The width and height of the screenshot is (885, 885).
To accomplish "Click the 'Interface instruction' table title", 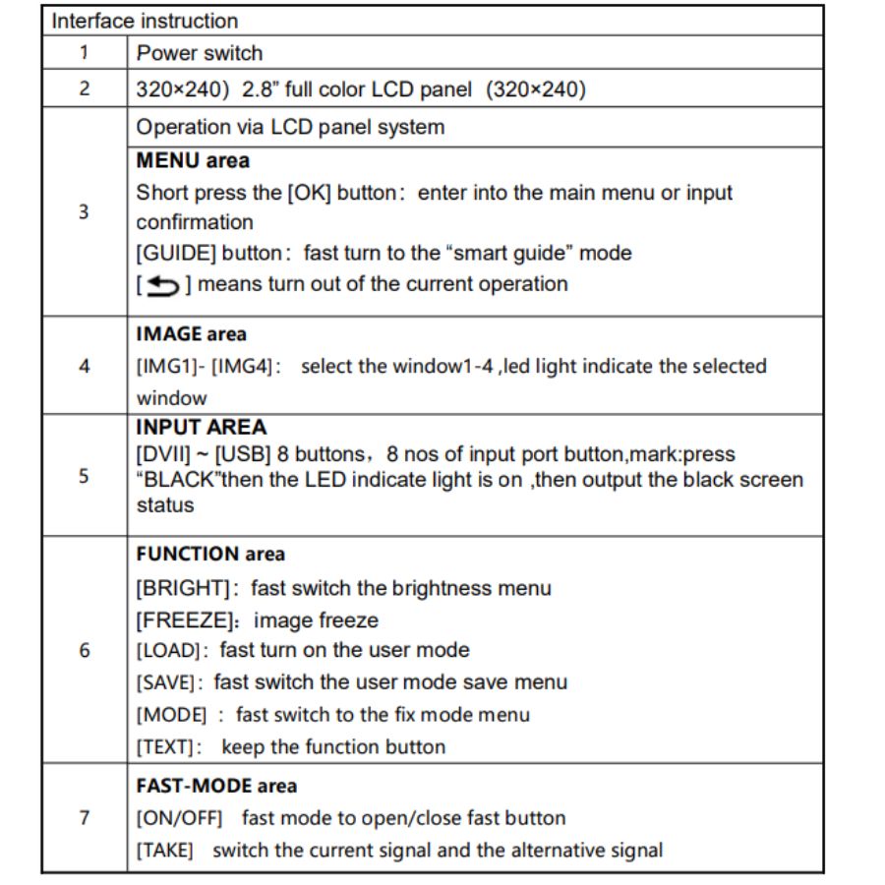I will (145, 21).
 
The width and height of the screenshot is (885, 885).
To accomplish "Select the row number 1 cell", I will (84, 53).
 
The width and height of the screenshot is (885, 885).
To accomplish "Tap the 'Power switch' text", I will (200, 53).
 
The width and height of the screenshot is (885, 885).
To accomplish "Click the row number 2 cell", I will (84, 89).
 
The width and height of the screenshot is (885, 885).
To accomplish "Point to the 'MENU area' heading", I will (193, 160).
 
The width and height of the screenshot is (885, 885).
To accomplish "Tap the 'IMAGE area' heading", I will (192, 334).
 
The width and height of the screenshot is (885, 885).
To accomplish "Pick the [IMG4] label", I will (237, 367).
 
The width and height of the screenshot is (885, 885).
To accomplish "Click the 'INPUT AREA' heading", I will (202, 428).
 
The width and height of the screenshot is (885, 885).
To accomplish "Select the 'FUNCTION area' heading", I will (210, 554).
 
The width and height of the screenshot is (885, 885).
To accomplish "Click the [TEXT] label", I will (169, 746).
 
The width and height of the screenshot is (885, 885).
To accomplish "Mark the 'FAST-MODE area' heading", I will (216, 786).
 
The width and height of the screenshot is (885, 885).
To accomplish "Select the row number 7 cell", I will (84, 817).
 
